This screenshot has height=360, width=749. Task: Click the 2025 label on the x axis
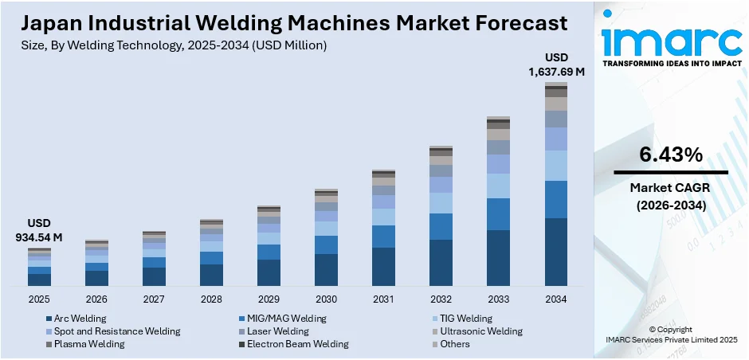coord(39,299)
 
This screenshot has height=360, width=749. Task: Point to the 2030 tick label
coord(326,299)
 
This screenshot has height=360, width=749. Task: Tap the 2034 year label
coord(555,299)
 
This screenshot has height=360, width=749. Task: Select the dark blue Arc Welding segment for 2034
coord(555,252)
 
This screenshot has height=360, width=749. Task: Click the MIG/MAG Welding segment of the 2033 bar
coord(498,214)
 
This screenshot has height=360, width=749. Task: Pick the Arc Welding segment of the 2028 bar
coord(211,275)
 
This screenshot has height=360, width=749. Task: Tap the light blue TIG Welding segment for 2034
coord(555,166)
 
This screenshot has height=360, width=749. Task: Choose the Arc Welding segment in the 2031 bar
coord(383,266)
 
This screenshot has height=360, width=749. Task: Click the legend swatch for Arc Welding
coord(49,319)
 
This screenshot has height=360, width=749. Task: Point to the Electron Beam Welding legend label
coord(297,344)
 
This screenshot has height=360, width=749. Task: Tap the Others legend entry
coord(455,344)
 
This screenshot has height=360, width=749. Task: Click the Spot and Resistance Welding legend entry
coord(116,331)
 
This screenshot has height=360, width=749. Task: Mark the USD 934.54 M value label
coord(39,231)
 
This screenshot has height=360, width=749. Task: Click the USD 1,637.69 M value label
coord(556,65)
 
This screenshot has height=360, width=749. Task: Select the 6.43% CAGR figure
coord(670,154)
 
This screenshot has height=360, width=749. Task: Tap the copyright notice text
coord(670,335)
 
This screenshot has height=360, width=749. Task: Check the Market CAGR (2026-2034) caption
coord(670,196)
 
